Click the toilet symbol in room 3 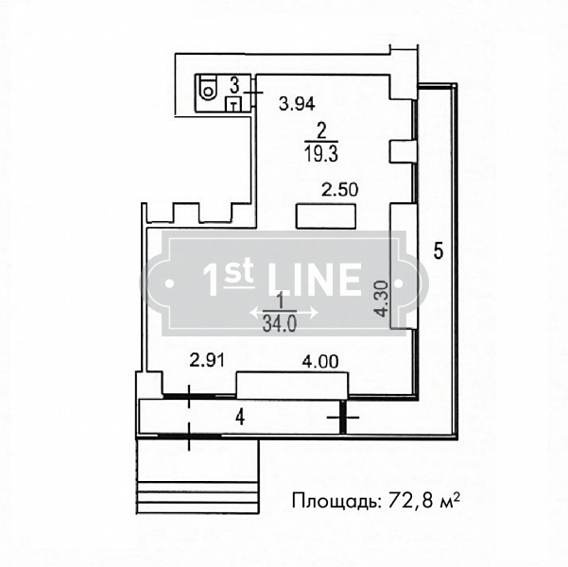pyautogui.click(x=206, y=89)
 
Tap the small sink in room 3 pyautogui.click(x=234, y=104)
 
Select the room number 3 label pyautogui.click(x=234, y=85)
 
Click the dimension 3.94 pyautogui.click(x=297, y=104)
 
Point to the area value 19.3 pyautogui.click(x=321, y=154)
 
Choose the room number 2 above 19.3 pyautogui.click(x=321, y=131)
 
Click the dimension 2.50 pyautogui.click(x=340, y=190)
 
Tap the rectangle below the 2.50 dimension pyautogui.click(x=326, y=216)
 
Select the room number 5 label pyautogui.click(x=439, y=250)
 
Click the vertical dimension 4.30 pyautogui.click(x=382, y=299)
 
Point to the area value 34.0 pyautogui.click(x=280, y=324)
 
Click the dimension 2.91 pyautogui.click(x=208, y=360)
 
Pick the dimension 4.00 pyautogui.click(x=320, y=362)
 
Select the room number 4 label pyautogui.click(x=240, y=418)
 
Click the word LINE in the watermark pyautogui.click(x=315, y=279)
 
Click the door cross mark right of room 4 pyautogui.click(x=343, y=418)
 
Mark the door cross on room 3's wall pyautogui.click(x=253, y=93)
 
